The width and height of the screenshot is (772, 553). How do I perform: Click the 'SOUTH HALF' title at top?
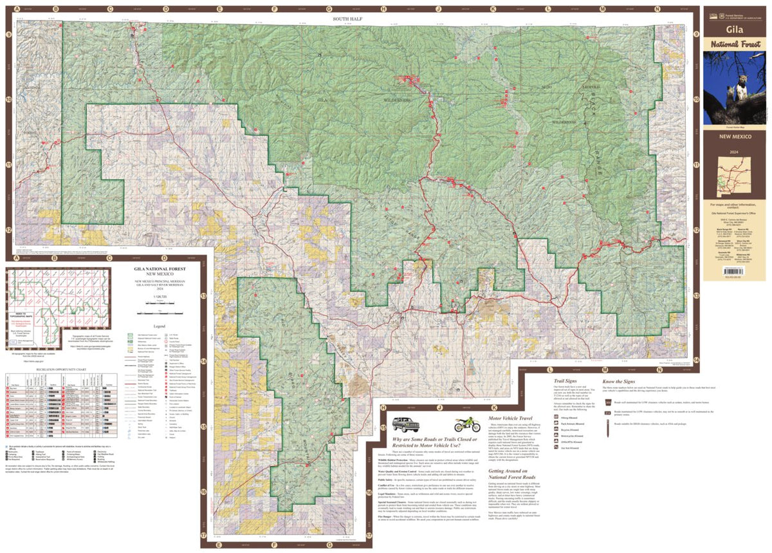click(348, 19)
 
